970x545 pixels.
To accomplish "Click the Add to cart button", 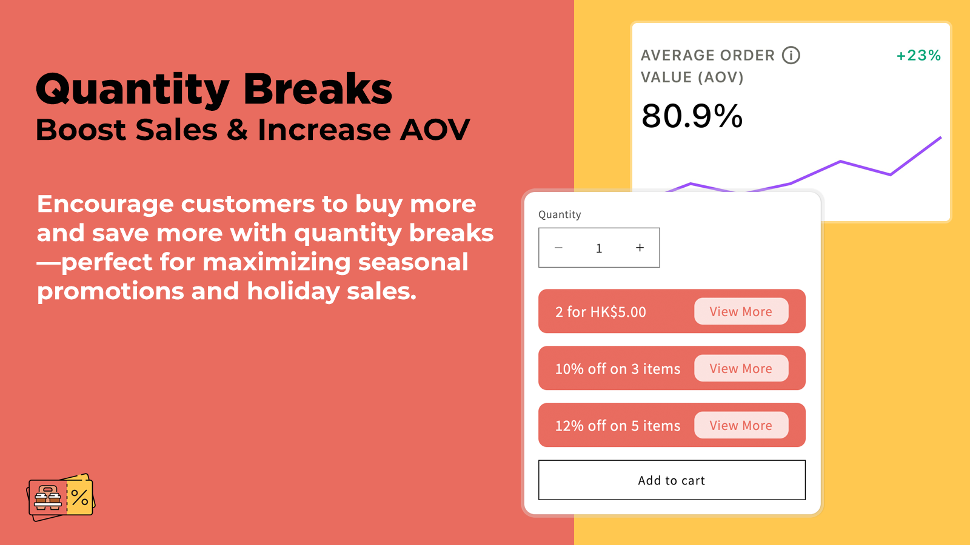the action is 672,480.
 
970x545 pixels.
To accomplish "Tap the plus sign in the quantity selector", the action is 640,248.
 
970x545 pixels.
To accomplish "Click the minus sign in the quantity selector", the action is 558,248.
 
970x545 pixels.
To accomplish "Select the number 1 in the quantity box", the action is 599,248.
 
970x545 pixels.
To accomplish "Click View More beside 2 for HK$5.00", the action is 741,311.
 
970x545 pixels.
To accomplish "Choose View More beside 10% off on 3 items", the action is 741,369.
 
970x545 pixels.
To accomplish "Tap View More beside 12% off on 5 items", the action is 741,425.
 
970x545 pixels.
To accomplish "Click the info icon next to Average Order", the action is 791,55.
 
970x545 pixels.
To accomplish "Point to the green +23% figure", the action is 918,55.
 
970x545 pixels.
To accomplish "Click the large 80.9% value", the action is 692,116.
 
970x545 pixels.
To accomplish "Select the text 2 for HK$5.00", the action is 601,312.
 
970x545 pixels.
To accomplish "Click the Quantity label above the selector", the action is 560,214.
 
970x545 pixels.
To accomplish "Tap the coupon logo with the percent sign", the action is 61,497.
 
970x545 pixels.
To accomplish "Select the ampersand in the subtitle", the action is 237,130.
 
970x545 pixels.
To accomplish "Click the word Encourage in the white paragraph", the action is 105,204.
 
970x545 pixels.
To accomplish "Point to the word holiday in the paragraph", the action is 293,291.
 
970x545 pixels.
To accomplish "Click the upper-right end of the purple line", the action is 941,137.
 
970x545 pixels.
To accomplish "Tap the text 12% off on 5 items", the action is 618,426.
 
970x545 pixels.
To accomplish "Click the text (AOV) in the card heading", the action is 720,78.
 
